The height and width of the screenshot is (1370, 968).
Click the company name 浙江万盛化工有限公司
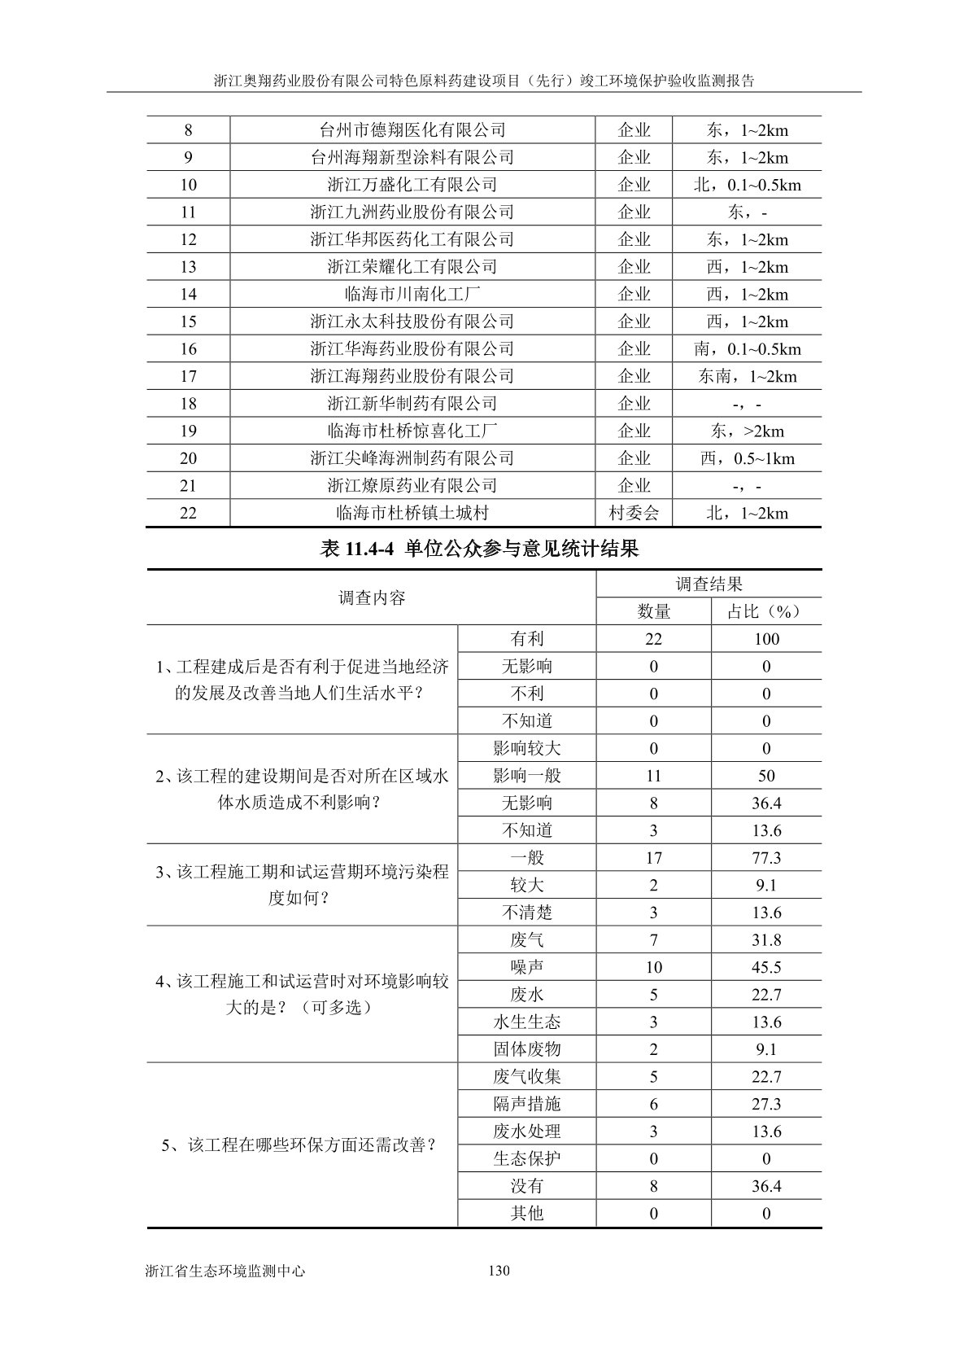[412, 185]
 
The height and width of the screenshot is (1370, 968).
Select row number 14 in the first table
[188, 294]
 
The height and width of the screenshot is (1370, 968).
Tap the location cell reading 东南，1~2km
[747, 376]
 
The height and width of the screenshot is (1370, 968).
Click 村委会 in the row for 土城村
[634, 513]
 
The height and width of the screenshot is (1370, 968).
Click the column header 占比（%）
[765, 611]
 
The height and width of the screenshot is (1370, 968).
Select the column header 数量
[653, 611]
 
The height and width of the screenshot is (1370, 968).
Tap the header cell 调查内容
[371, 597]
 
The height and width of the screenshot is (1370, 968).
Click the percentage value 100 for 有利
[766, 639]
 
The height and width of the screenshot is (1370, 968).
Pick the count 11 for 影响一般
[653, 776]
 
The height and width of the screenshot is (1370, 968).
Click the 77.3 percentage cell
[766, 858]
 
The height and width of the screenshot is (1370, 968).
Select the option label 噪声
[526, 967]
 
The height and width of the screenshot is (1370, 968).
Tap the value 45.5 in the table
[766, 967]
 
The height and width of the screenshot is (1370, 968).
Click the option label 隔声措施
[526, 1104]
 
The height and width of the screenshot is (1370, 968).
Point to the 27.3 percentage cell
[766, 1104]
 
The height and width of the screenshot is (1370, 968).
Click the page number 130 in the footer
[499, 1271]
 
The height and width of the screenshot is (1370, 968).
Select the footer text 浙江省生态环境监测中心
[225, 1271]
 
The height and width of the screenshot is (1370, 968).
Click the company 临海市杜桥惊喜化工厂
[412, 431]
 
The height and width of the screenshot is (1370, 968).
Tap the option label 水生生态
[526, 1022]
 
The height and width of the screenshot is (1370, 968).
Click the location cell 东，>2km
[747, 431]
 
